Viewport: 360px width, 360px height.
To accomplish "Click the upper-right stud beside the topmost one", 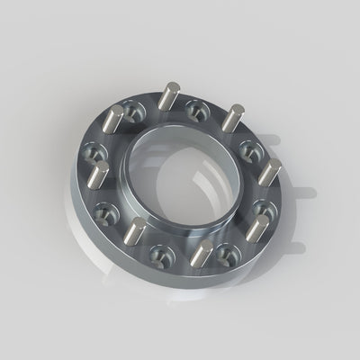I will [x=232, y=118].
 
